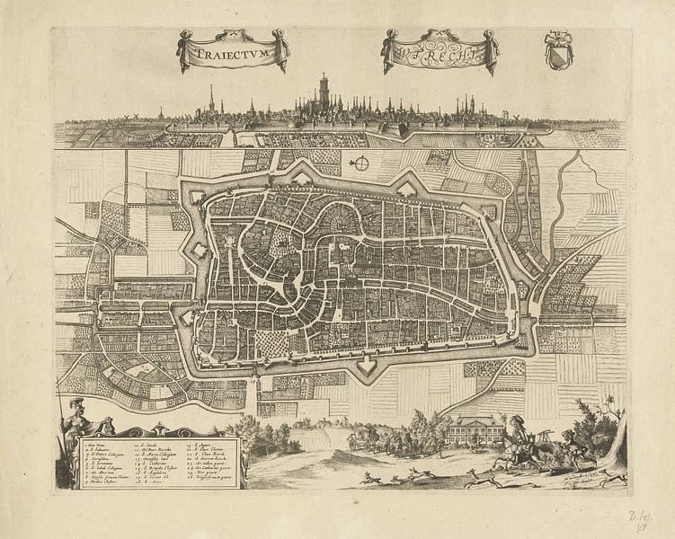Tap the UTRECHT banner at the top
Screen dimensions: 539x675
point(440,54)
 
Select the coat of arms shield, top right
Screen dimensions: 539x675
point(558,50)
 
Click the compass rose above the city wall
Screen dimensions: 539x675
point(360,163)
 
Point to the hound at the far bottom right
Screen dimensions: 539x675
point(613,477)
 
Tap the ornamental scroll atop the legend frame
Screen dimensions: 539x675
point(160,430)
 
